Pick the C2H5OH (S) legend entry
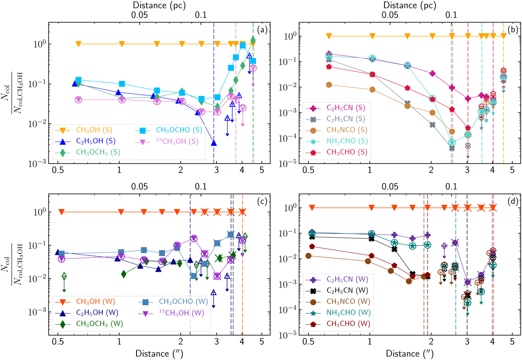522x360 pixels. pyautogui.click(x=85, y=140)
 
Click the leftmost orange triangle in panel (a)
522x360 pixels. pyautogui.click(x=78, y=43)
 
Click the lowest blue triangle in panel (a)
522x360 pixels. pyautogui.click(x=214, y=143)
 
